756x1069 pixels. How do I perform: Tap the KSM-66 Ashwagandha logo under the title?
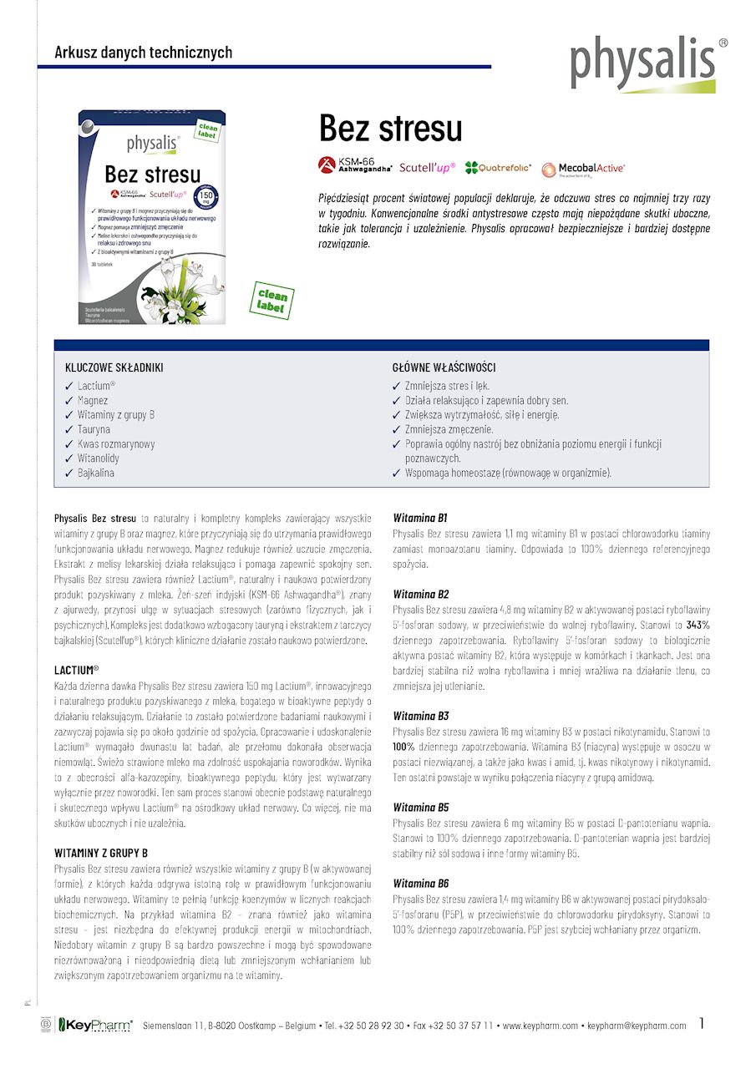click(x=356, y=165)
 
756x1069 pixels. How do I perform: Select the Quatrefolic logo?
click(x=499, y=168)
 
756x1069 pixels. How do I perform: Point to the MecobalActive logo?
click(x=583, y=169)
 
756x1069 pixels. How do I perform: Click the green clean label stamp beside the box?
click(x=272, y=301)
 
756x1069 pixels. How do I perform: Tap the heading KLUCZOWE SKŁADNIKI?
click(x=114, y=367)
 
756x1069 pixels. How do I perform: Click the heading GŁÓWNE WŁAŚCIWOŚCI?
click(x=444, y=367)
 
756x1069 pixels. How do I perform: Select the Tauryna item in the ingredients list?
click(x=94, y=429)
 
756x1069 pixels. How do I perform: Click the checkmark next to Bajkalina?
click(x=69, y=473)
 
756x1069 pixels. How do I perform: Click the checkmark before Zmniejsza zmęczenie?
click(x=397, y=429)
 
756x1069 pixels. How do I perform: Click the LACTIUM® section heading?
click(x=76, y=670)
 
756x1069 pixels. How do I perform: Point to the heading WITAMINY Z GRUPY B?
click(x=101, y=853)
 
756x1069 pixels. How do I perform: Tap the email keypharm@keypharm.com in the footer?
click(x=637, y=1026)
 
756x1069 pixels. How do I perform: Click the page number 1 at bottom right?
click(x=703, y=1023)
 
